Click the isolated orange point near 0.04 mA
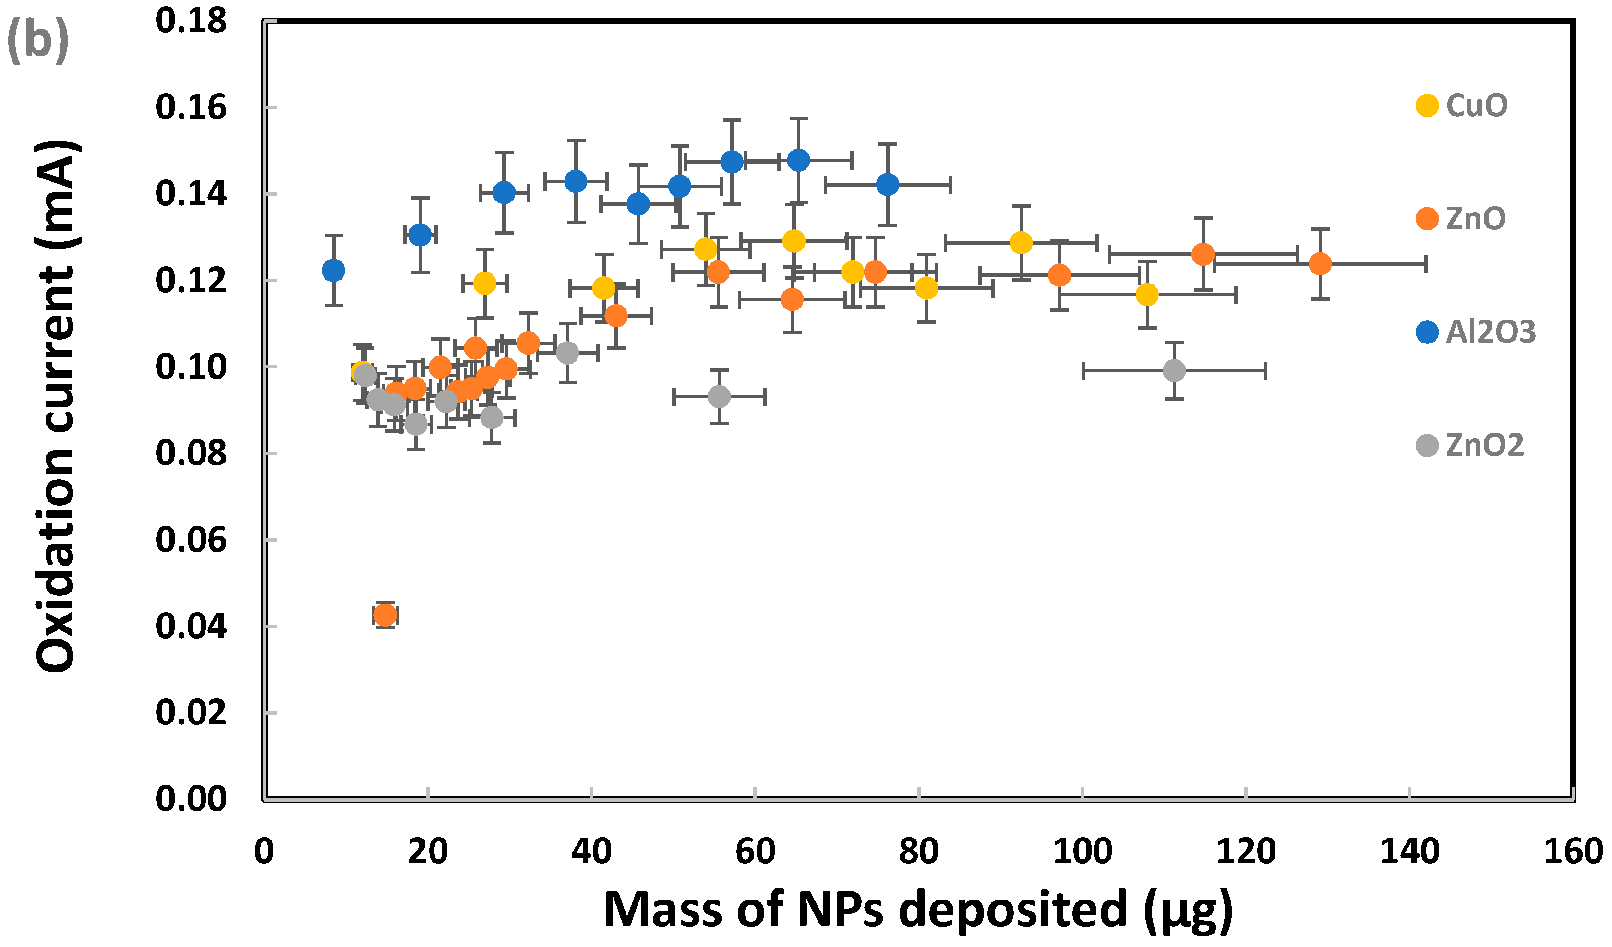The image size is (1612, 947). click(385, 615)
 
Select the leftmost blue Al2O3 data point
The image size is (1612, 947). click(333, 271)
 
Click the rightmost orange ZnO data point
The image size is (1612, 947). click(1320, 263)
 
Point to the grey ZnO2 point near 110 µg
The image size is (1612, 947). click(1174, 370)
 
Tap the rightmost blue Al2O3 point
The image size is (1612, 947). click(887, 185)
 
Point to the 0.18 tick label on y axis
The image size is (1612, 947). click(191, 21)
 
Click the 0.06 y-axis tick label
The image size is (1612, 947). click(191, 540)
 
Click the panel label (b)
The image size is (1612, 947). click(37, 40)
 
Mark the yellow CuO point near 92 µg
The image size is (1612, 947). click(1021, 242)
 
